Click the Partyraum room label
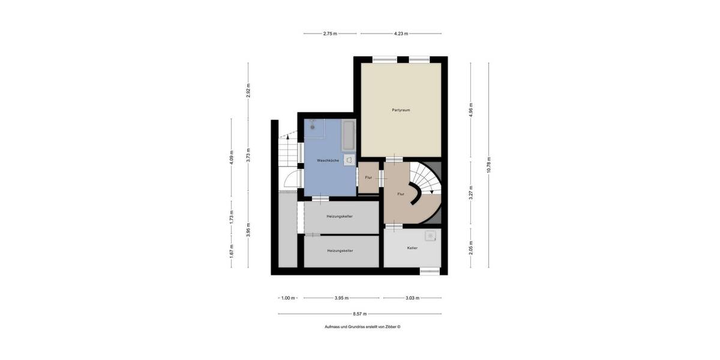pos(401,110)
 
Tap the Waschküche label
pos(328,160)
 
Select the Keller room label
pos(412,247)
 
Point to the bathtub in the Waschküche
pos(348,136)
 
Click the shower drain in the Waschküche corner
pos(312,127)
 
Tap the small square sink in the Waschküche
pos(349,160)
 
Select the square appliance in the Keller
pos(430,236)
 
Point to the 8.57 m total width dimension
pos(360,314)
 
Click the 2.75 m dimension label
pos(330,34)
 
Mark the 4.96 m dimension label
pos(471,109)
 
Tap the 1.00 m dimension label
pos(288,298)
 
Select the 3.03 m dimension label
pos(412,298)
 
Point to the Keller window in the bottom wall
pos(430,271)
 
